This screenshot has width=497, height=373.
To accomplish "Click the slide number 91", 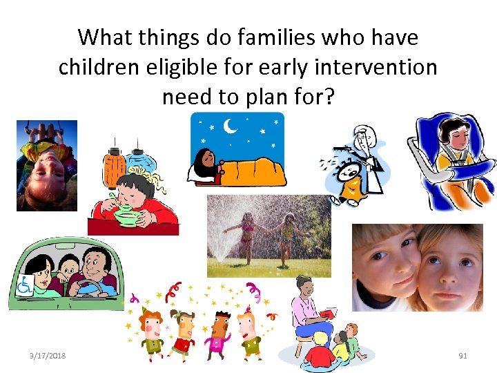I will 462,355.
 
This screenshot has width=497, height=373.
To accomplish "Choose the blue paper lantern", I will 146,163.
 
